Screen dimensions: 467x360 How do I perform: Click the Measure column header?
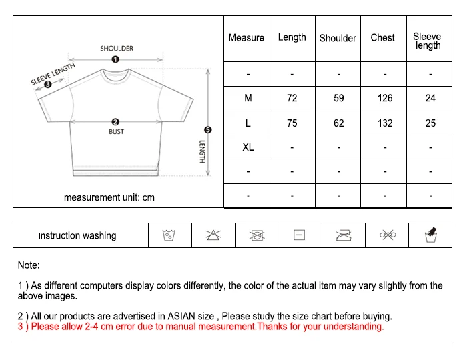click(246, 38)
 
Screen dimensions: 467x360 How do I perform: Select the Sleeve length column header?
click(428, 41)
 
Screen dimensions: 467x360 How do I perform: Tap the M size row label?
click(248, 98)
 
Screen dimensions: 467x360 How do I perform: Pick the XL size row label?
click(248, 147)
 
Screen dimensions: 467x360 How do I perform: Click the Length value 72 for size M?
click(292, 98)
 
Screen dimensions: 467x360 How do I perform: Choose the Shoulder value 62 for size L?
click(339, 123)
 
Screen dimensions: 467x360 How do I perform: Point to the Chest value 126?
click(385, 98)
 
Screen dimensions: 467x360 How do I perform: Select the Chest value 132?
click(385, 123)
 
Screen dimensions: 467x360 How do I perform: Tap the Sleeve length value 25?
click(430, 123)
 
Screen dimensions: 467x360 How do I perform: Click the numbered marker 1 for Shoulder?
click(115, 59)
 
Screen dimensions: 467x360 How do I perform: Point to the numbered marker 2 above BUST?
click(115, 122)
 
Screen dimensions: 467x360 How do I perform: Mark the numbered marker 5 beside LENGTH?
click(207, 130)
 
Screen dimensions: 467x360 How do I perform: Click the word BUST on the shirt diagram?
click(116, 132)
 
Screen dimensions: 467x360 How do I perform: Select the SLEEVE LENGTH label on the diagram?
click(53, 74)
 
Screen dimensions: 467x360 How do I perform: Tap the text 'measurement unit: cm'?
click(109, 197)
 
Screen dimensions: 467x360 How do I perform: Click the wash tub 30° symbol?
click(169, 235)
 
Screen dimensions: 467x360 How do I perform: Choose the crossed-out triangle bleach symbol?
click(213, 235)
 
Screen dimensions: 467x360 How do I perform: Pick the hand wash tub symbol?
click(430, 235)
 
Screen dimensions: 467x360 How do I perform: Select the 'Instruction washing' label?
click(77, 235)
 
